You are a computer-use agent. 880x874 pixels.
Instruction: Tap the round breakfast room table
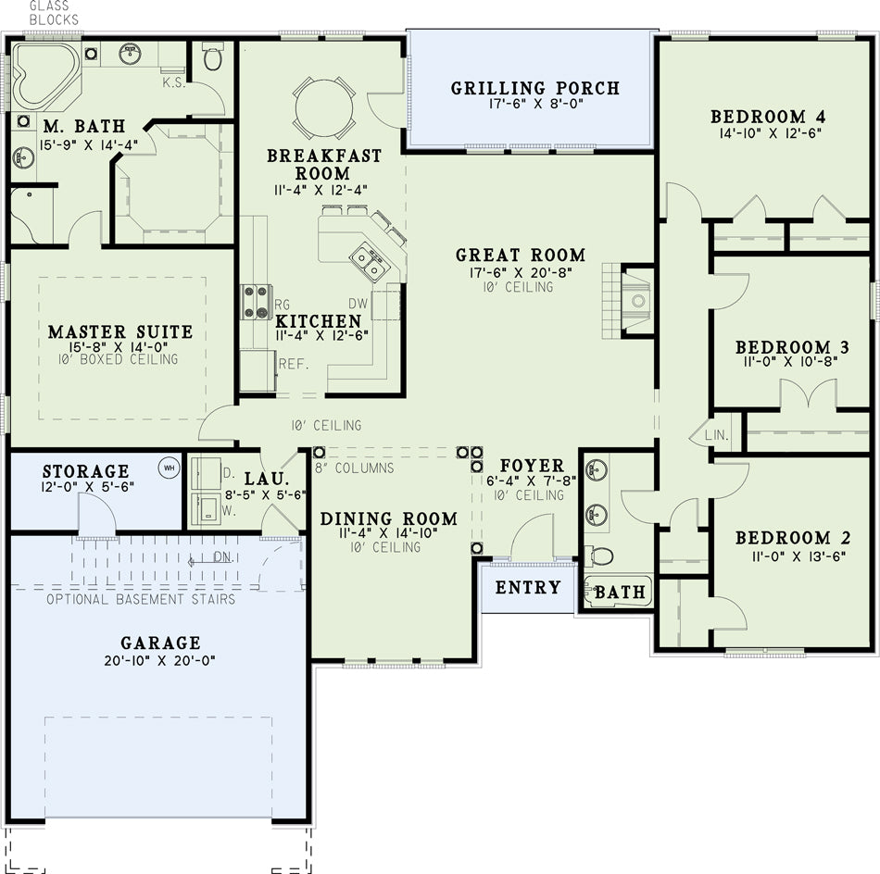[324, 107]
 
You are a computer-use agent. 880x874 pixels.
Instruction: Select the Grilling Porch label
[534, 88]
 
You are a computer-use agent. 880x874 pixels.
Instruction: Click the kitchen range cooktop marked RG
[256, 301]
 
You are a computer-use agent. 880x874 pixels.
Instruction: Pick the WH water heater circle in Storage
[169, 468]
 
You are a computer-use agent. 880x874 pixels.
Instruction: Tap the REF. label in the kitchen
[294, 364]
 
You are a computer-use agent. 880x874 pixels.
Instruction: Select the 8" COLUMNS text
[354, 468]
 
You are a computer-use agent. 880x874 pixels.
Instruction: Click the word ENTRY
[528, 587]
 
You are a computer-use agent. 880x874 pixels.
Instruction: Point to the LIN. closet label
[717, 435]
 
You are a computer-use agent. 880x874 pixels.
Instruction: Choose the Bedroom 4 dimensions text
[771, 133]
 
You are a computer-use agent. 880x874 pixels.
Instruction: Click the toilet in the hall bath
[598, 556]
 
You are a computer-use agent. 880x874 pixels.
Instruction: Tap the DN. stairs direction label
[222, 557]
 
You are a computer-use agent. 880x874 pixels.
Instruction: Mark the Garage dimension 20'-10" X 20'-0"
[160, 660]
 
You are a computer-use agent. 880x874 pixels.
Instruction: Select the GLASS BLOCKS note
[54, 13]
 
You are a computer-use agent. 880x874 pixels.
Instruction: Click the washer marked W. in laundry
[205, 509]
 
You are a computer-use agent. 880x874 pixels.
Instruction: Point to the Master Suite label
[120, 331]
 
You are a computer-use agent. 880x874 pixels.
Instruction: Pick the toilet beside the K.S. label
[212, 56]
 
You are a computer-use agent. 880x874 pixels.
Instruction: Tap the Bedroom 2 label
[793, 538]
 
